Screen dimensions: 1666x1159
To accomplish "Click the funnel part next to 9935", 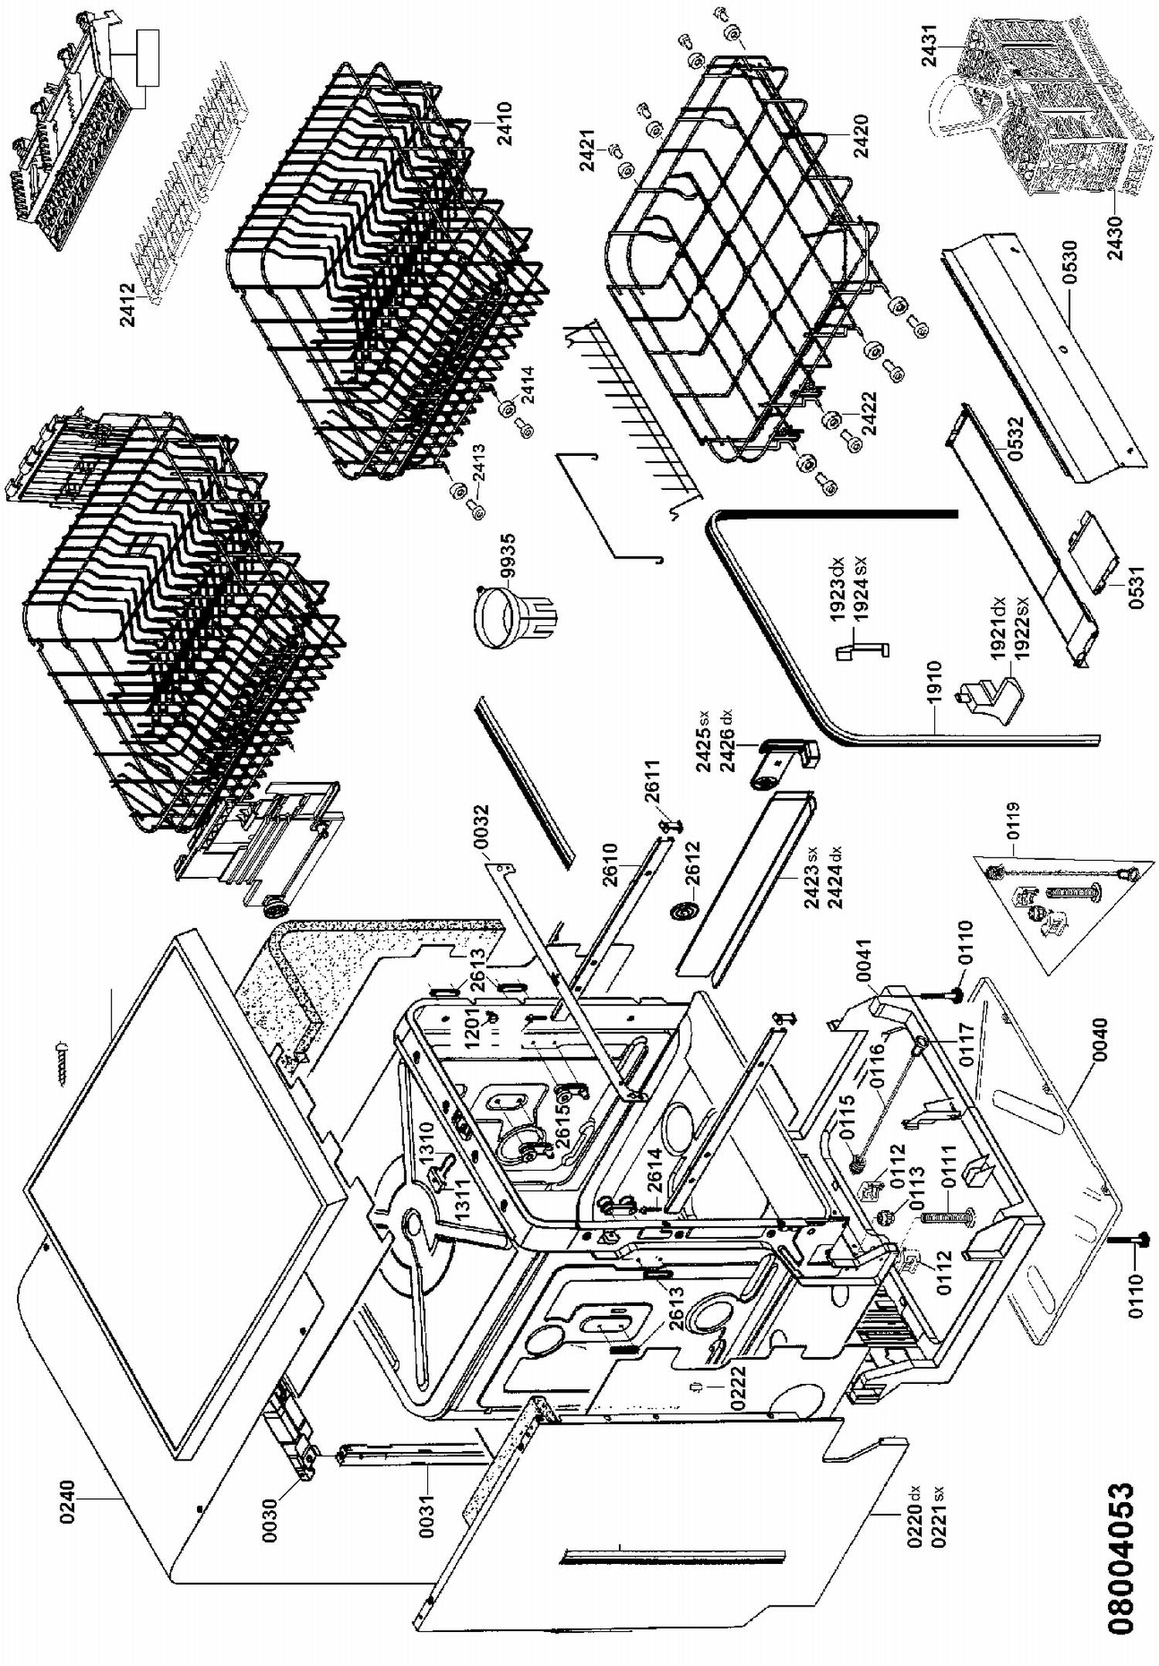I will point(505,615).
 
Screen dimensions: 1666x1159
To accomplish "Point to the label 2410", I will point(504,124).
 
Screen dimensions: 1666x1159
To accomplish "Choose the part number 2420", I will point(862,137).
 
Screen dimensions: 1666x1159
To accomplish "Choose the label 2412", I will point(127,305).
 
